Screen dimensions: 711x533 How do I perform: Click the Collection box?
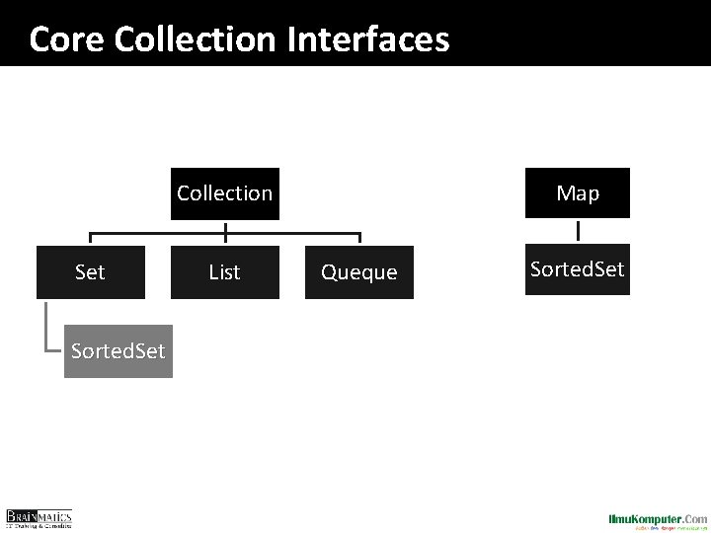click(x=225, y=192)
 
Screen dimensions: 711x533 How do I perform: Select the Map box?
click(x=578, y=192)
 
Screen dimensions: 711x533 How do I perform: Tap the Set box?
click(x=90, y=271)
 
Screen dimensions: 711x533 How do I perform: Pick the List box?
click(x=225, y=271)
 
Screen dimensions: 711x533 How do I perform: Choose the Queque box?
click(x=359, y=271)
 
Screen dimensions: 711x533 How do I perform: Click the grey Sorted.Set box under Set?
click(x=118, y=350)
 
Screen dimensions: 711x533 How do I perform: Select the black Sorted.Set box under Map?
click(x=578, y=269)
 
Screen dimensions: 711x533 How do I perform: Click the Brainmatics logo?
click(x=39, y=518)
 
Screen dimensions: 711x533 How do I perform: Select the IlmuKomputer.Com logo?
click(x=658, y=519)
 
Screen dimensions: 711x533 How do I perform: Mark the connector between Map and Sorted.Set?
click(x=578, y=231)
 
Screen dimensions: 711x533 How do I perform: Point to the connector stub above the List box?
click(x=225, y=238)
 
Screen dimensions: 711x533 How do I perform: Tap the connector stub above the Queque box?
click(x=359, y=238)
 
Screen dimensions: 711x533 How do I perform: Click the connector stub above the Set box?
click(x=91, y=238)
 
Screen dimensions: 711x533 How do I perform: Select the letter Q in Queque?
click(x=328, y=272)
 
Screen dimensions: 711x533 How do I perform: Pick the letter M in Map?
click(x=564, y=193)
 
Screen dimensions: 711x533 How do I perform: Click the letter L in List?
click(x=212, y=271)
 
